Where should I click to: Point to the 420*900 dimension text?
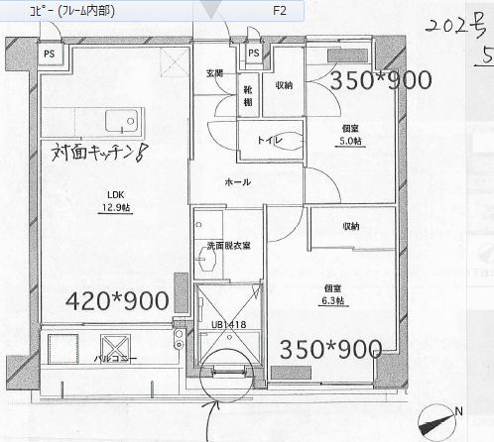[117, 300]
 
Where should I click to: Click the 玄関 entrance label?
[214, 73]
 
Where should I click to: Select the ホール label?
[238, 182]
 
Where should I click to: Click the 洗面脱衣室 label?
[227, 245]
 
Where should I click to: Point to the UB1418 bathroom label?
[229, 324]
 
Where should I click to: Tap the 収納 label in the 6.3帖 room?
[352, 227]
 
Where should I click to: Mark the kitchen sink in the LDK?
[123, 124]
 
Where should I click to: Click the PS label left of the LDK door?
[48, 53]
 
